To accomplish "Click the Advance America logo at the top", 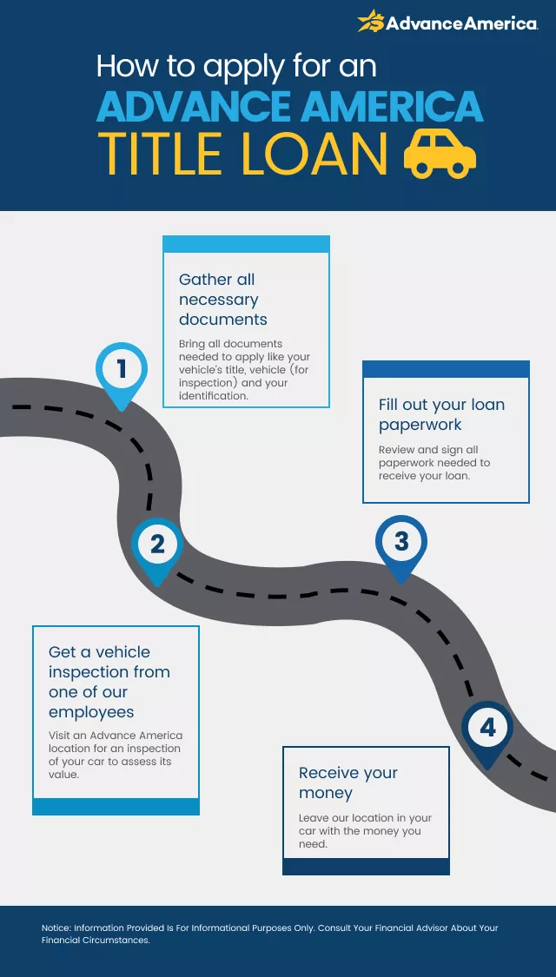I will point(447,23).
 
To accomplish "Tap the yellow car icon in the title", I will point(440,155).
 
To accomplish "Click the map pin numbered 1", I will point(122,371).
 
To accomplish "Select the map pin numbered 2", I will point(157,546).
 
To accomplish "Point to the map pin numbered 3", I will point(401,544).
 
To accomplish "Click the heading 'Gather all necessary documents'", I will point(223,300).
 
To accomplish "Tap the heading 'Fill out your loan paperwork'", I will point(441,414).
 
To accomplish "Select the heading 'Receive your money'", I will point(347,782).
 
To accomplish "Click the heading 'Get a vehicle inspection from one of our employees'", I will point(109,682).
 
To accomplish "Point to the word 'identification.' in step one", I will point(214,396).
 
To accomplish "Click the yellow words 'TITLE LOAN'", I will point(242,155).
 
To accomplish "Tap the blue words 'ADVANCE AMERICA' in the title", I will point(289,107).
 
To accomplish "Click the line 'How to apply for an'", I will point(236,66).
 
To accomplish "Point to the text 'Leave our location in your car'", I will point(365,824).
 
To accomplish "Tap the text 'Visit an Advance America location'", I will point(116,742).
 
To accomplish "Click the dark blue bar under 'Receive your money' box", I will point(366,867).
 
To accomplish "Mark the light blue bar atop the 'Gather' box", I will point(246,244).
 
